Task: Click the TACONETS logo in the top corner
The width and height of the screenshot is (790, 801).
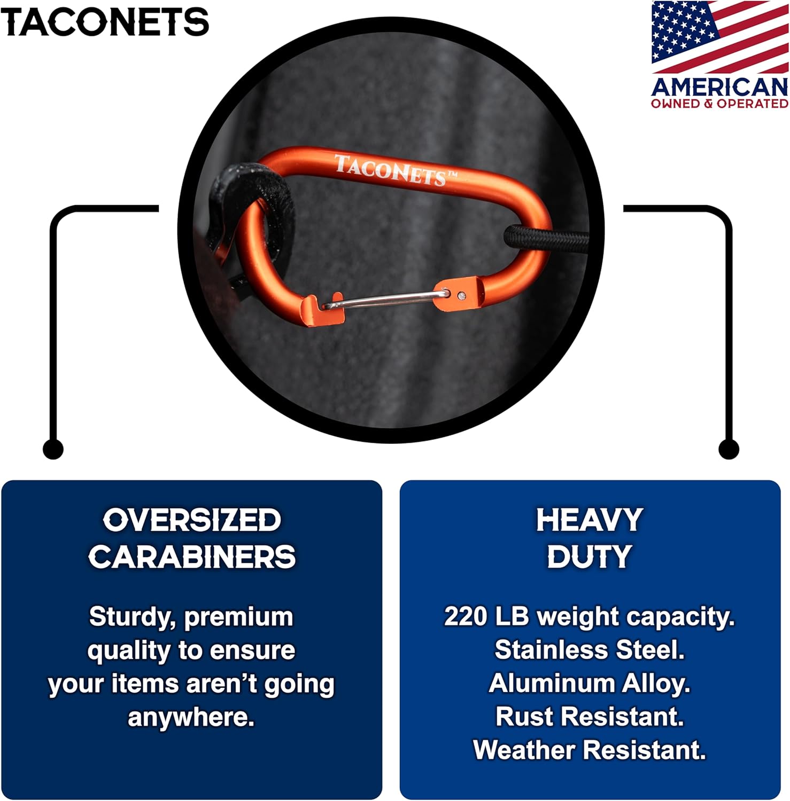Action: coord(105,22)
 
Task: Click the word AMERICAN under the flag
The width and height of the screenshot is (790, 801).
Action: coord(719,87)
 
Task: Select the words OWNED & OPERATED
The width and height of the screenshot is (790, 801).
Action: coord(719,104)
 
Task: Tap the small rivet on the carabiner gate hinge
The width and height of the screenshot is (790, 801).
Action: coord(462,295)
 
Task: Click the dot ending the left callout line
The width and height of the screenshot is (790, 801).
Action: coord(53,449)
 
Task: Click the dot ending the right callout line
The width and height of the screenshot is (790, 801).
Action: coord(729,449)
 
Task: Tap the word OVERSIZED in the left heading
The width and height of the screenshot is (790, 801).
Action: coord(192,520)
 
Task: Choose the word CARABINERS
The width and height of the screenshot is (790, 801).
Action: coord(192,557)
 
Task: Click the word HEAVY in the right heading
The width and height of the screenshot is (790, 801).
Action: coord(590,520)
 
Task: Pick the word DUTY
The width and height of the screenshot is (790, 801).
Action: coord(590,557)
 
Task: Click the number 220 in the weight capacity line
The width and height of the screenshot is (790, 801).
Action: coord(465,617)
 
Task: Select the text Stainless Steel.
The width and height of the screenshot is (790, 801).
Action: coord(590,650)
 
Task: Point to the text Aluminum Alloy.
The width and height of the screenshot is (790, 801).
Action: coord(590,684)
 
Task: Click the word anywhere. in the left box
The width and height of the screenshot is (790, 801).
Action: coord(191,717)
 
